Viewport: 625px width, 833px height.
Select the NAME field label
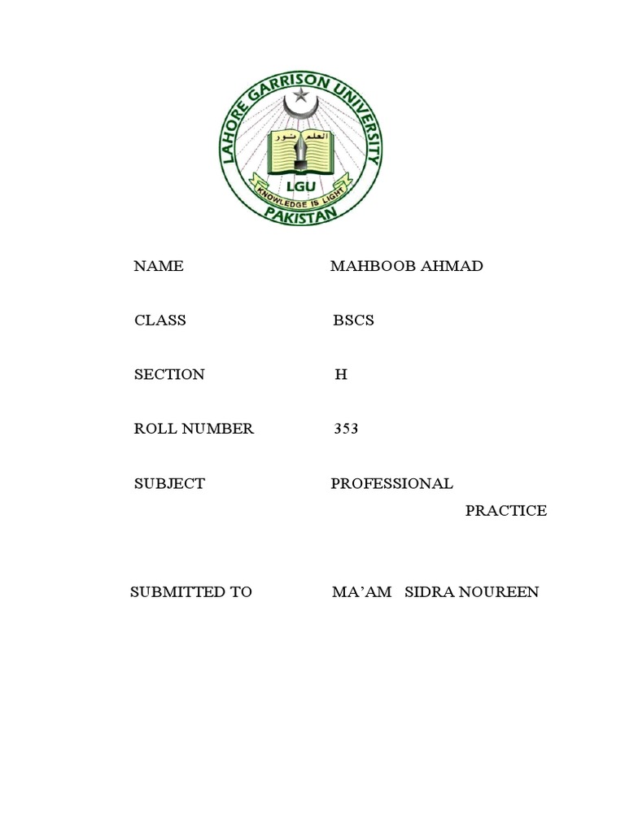click(159, 266)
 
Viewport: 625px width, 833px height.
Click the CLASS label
click(160, 321)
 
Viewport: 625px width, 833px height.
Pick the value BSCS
click(353, 321)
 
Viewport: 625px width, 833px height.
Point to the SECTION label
click(169, 375)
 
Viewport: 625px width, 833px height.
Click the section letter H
click(341, 375)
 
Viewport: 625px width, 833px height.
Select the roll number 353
click(346, 429)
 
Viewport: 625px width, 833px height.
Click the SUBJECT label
click(169, 483)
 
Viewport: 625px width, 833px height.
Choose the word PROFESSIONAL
click(391, 483)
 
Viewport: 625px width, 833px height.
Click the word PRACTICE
click(506, 511)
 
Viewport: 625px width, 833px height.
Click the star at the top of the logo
click(302, 95)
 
